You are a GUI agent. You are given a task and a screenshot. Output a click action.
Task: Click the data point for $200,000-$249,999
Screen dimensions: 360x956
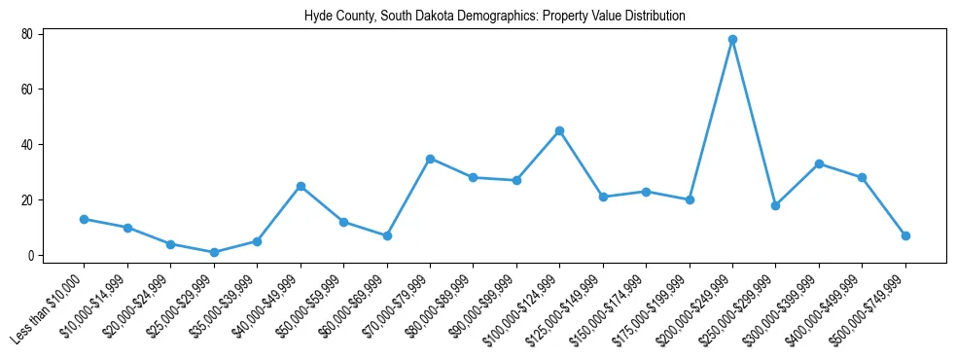(732, 39)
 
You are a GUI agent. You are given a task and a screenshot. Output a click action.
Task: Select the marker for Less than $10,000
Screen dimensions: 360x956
(85, 219)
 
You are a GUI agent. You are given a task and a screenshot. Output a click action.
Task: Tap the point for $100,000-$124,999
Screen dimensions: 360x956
(559, 130)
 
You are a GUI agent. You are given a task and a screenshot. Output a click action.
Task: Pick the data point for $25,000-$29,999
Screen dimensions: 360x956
(214, 252)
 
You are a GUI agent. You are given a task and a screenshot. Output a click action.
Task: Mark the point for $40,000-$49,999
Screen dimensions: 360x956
(301, 186)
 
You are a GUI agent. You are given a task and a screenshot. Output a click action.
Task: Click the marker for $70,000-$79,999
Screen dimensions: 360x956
(430, 159)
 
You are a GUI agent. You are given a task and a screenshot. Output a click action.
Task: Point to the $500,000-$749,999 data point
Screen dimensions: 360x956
(905, 235)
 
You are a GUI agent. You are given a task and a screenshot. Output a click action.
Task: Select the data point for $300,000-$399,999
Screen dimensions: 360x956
(819, 163)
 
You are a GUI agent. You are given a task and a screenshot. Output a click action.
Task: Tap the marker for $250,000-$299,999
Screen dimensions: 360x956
(775, 205)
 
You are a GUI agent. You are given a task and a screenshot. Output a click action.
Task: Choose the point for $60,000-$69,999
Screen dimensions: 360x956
(387, 235)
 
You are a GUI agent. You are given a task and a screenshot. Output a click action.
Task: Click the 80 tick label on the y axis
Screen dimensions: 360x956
(27, 34)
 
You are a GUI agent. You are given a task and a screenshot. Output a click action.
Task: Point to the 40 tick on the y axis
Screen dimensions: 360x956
(27, 145)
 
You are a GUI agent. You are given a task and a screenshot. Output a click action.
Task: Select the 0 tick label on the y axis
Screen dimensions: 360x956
(30, 256)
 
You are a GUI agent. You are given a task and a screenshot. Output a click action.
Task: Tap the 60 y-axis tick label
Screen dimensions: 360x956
(27, 90)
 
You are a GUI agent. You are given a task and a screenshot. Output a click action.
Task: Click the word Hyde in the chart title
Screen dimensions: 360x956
(317, 17)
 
